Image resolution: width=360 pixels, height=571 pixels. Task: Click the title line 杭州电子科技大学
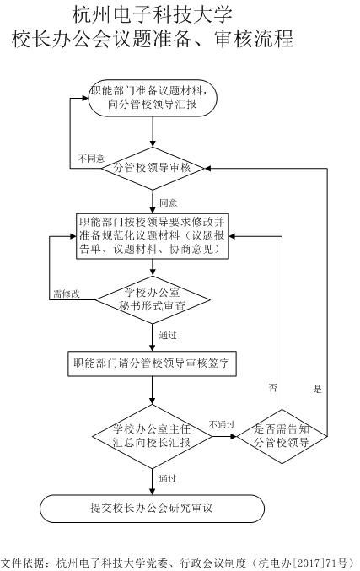click(152, 14)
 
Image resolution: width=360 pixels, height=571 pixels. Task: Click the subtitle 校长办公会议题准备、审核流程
click(153, 39)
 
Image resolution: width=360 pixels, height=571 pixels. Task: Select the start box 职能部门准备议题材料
click(153, 97)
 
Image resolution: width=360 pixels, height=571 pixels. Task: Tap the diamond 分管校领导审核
click(153, 169)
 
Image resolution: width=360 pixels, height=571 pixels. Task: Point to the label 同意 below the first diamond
click(168, 203)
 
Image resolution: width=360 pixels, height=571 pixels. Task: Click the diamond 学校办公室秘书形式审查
click(153, 301)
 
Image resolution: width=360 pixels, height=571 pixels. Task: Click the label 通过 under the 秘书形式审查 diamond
click(168, 336)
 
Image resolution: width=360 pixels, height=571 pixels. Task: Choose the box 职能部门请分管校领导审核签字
click(153, 364)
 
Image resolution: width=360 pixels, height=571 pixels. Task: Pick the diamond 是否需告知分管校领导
click(282, 435)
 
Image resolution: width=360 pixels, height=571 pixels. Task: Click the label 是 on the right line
click(317, 389)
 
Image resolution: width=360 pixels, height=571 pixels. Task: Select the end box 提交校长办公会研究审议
click(153, 508)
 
